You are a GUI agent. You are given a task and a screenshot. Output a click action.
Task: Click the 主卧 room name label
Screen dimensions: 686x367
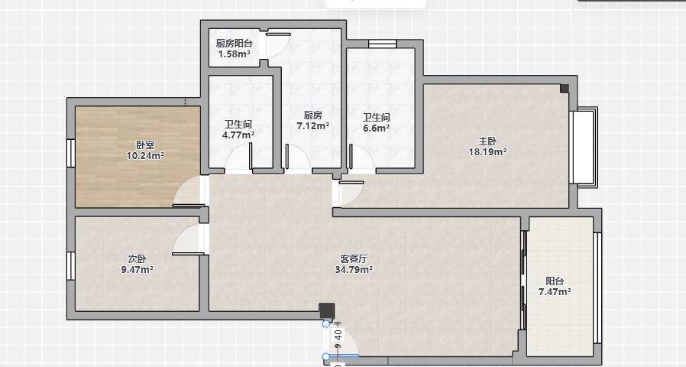point(487,141)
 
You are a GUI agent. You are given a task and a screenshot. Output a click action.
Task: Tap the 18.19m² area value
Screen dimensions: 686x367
point(488,152)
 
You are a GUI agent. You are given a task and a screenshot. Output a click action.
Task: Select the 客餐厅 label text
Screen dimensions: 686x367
point(354,259)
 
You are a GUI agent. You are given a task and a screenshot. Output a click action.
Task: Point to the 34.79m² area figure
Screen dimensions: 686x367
point(354,270)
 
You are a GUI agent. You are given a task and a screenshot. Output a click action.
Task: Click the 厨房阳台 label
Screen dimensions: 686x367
point(234,44)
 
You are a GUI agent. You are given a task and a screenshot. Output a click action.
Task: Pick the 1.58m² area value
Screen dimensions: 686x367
point(235,54)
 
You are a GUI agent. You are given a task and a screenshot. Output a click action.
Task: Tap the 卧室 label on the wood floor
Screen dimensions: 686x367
point(145,145)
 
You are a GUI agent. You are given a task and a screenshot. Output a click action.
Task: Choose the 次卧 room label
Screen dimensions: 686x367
point(137,259)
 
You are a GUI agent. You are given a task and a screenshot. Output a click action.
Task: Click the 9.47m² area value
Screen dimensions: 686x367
point(137,270)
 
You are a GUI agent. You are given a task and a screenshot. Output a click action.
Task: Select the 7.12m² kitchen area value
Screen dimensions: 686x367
point(313,126)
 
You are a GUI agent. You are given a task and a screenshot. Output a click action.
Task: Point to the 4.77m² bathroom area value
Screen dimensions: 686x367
point(238,135)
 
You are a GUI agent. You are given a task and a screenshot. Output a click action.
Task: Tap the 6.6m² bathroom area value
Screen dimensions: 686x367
point(377,128)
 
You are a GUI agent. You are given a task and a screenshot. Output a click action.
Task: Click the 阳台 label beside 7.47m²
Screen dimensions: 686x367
point(555,281)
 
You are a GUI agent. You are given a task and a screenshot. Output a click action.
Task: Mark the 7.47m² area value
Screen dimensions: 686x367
point(555,292)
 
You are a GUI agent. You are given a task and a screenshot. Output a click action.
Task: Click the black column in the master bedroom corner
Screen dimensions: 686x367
point(565,89)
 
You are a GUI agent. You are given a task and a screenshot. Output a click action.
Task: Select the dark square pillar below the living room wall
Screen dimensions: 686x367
point(326,310)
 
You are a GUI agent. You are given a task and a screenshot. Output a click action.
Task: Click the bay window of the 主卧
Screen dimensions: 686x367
point(584,147)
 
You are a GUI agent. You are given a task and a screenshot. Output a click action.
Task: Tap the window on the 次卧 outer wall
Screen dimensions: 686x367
point(71,266)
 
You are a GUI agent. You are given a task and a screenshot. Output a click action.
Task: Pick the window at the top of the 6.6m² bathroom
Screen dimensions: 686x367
point(383,44)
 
